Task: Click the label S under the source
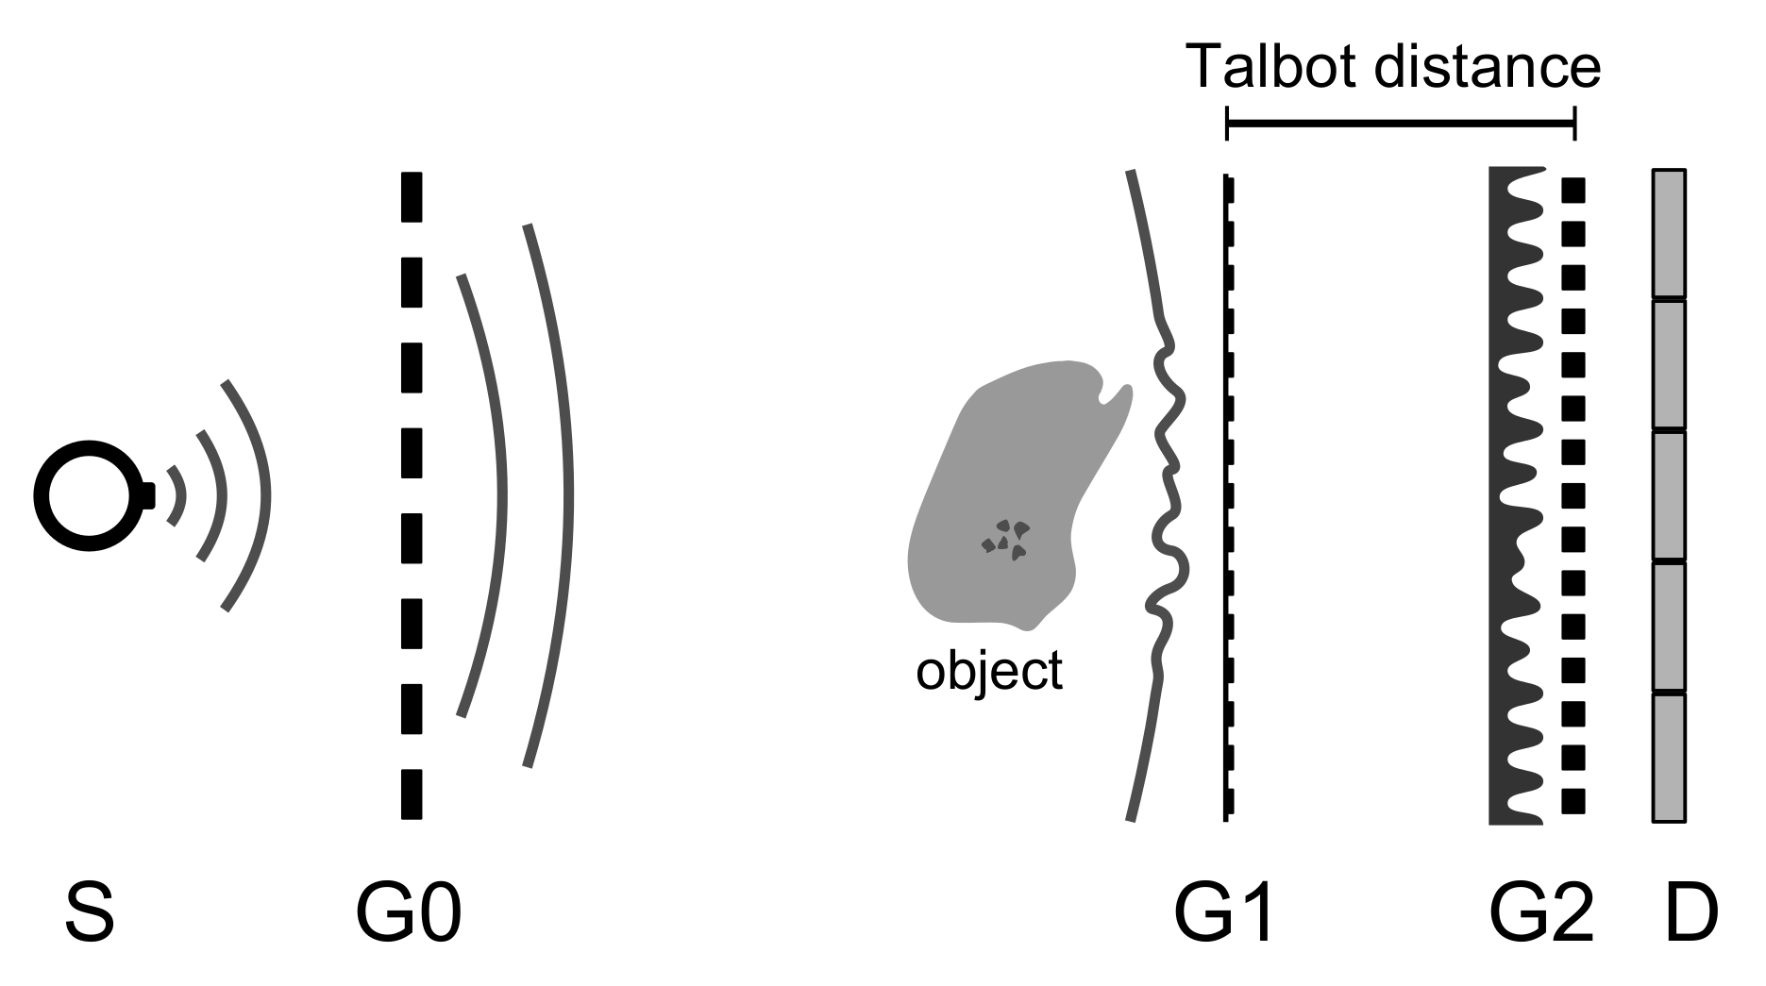[90, 912]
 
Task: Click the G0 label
[408, 912]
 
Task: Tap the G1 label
[1224, 912]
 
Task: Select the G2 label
[1541, 912]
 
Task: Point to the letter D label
[1691, 912]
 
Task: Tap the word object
[989, 671]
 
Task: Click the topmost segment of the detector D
[1668, 234]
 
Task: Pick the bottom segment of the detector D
[1668, 758]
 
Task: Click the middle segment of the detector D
[1668, 495]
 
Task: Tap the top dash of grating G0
[411, 197]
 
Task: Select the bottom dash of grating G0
[411, 794]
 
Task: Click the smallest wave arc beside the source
[177, 495]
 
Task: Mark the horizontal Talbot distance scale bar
[1400, 124]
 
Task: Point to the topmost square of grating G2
[1573, 191]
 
